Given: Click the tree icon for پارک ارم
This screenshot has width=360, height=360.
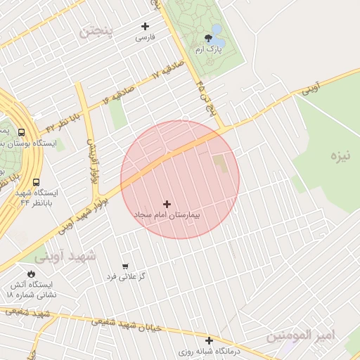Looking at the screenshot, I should click(208, 39).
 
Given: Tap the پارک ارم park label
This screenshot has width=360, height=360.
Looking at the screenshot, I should click(208, 50).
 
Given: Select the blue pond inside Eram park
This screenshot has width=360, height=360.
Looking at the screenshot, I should click(216, 30).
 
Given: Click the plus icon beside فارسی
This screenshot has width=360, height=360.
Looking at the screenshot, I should click(145, 26).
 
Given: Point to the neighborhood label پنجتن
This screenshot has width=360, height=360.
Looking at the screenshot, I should click(96, 31).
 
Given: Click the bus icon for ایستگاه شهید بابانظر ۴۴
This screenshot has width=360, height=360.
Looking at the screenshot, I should click(36, 181).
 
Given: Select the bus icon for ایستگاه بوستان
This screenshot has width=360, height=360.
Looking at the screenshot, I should click(21, 132).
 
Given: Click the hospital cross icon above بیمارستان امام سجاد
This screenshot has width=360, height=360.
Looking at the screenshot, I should click(167, 203).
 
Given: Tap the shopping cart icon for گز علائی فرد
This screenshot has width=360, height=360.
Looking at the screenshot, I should click(125, 266).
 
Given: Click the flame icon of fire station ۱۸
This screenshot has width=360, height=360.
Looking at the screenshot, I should click(30, 274).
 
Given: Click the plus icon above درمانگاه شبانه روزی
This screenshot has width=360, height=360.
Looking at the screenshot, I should click(209, 340).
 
